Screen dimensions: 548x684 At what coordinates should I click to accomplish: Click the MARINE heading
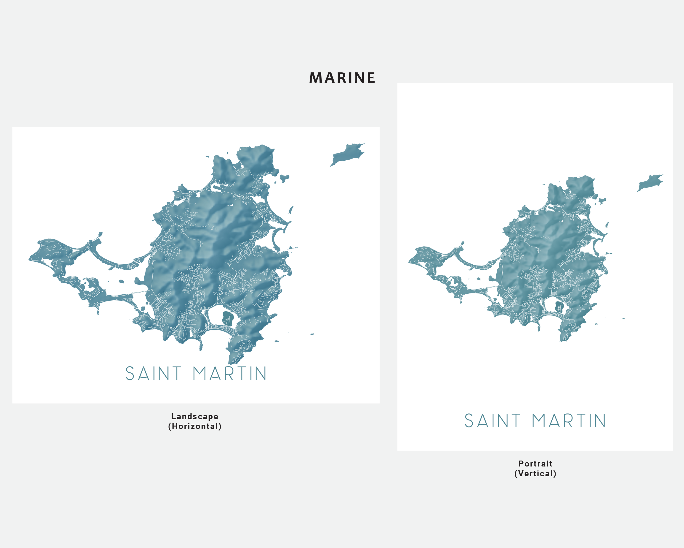pyautogui.click(x=342, y=78)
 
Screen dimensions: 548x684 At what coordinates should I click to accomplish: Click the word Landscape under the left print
pyautogui.click(x=195, y=416)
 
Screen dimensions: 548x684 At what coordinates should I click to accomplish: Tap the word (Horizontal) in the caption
pyautogui.click(x=195, y=426)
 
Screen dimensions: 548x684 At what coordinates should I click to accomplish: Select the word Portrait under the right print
pyautogui.click(x=535, y=464)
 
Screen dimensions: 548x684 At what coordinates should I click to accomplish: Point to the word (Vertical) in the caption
pyautogui.click(x=535, y=474)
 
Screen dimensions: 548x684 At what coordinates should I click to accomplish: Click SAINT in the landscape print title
pyautogui.click(x=154, y=374)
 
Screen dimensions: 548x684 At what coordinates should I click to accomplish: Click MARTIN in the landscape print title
pyautogui.click(x=230, y=374)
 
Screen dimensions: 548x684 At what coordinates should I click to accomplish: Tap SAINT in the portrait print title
pyautogui.click(x=492, y=421)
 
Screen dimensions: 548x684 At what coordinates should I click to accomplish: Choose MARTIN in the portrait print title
pyautogui.click(x=569, y=421)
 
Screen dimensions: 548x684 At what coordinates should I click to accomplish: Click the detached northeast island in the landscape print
pyautogui.click(x=346, y=154)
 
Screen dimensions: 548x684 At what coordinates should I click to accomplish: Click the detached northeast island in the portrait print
pyautogui.click(x=650, y=183)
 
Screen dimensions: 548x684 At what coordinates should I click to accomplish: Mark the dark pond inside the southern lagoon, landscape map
pyautogui.click(x=227, y=318)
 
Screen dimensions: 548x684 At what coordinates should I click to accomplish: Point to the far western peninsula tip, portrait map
pyautogui.click(x=410, y=262)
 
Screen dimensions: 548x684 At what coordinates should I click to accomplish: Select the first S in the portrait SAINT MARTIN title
pyautogui.click(x=469, y=421)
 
